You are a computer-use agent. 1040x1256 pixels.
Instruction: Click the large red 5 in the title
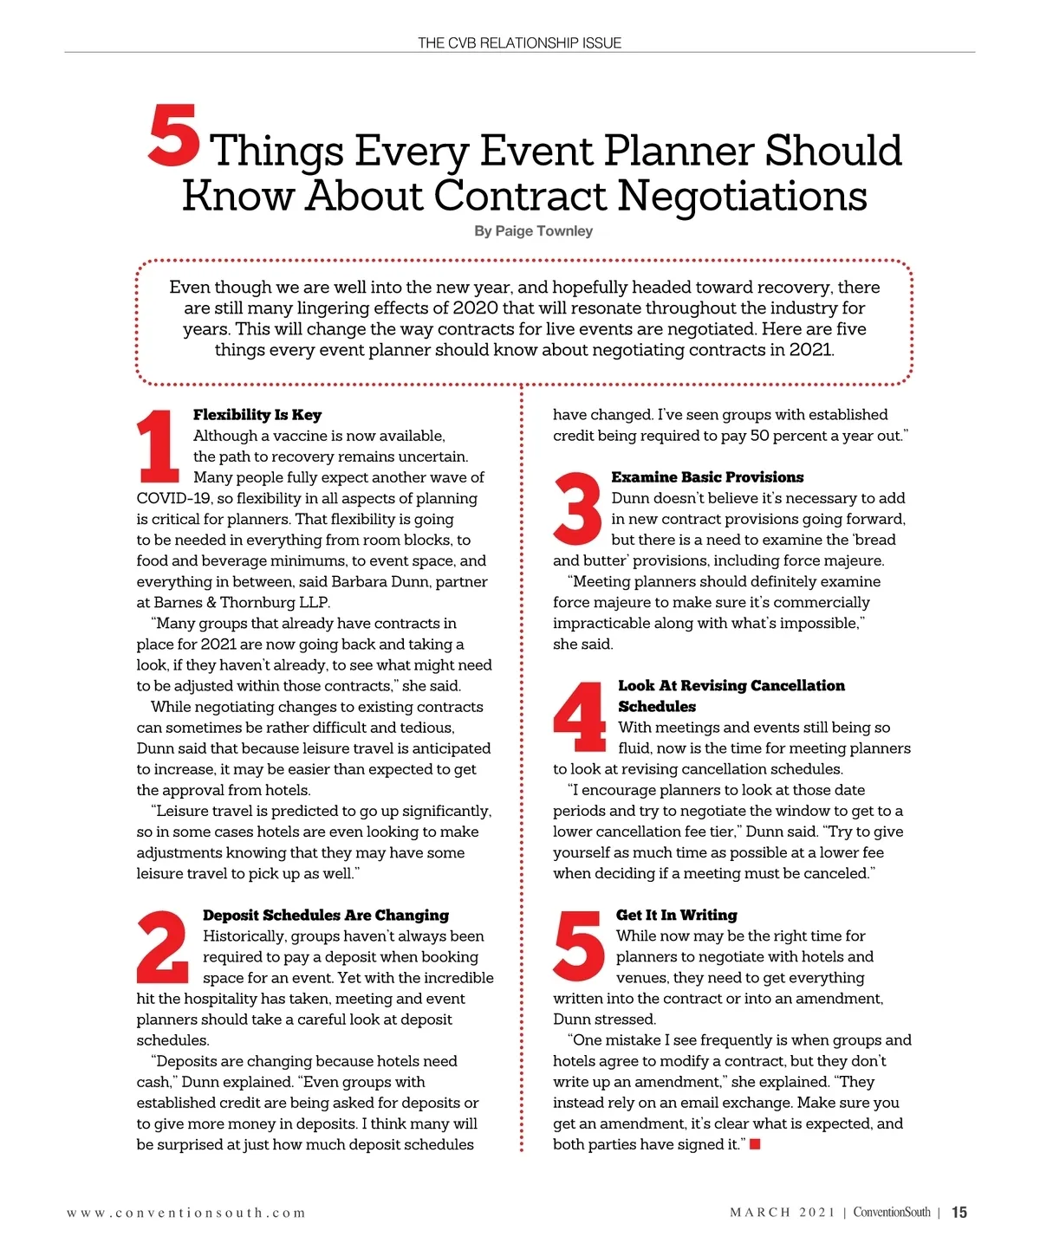coord(174,136)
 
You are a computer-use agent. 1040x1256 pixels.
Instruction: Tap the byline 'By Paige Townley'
coord(533,231)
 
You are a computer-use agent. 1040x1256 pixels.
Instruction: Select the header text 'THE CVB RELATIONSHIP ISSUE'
coord(519,42)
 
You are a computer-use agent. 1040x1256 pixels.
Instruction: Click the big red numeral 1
coord(159,446)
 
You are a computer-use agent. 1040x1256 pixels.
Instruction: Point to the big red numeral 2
coord(163,946)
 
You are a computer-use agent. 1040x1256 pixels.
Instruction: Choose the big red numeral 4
coord(580,716)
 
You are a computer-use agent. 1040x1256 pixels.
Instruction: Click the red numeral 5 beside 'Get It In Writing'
coord(579,946)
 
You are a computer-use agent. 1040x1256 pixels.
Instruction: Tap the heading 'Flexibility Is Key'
coord(257,415)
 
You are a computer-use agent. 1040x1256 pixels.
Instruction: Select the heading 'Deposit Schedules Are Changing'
coord(326,916)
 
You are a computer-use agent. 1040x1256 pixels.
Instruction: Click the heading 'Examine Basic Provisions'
coord(707,477)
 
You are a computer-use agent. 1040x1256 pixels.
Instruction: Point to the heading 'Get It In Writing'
coord(676,916)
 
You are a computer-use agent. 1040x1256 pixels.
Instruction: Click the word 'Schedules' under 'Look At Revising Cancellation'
coord(657,707)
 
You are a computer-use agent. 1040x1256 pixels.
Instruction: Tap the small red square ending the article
coord(755,1145)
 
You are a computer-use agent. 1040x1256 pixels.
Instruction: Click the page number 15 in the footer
coord(959,1213)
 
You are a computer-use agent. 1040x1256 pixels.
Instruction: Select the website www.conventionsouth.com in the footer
coord(186,1213)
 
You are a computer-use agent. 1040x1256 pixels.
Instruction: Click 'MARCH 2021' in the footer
coord(782,1213)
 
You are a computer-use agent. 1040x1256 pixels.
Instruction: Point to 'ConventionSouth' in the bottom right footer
coord(892,1213)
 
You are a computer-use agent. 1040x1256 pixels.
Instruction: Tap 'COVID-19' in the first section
coord(173,499)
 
